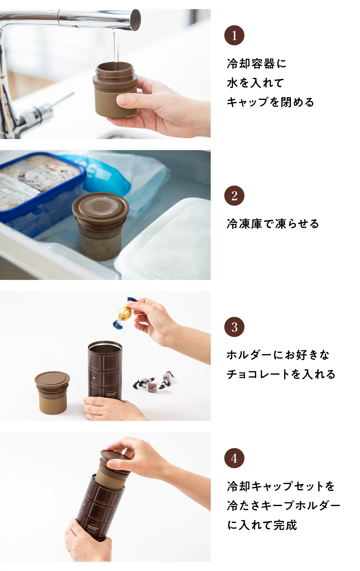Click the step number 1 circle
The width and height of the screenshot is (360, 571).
[234, 35]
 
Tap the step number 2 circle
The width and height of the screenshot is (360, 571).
[234, 196]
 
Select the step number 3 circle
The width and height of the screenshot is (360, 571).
[234, 327]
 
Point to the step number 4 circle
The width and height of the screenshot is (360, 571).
[234, 458]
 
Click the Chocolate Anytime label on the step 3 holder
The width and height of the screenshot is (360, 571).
[111, 394]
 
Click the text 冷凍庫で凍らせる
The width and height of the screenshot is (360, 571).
[272, 224]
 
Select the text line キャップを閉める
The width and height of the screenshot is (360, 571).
[270, 102]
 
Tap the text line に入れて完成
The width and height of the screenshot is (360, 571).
[262, 525]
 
